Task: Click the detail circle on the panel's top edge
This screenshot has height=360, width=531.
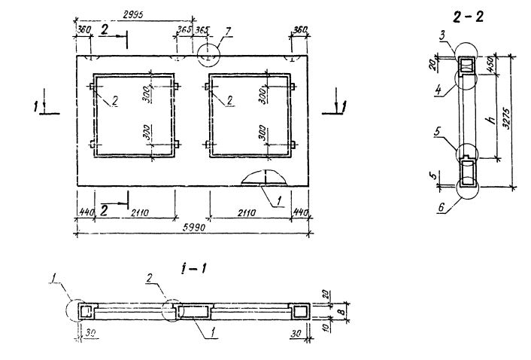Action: coord(208,56)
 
